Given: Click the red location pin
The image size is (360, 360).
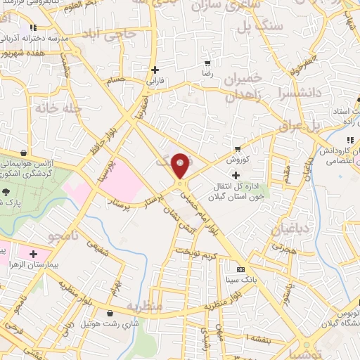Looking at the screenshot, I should (181, 166).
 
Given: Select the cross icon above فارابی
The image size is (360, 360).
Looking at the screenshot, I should (155, 70).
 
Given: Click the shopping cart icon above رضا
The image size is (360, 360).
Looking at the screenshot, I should (207, 61).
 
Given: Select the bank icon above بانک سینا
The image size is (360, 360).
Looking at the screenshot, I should (240, 269).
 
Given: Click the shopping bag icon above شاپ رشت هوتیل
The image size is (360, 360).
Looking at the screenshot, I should (109, 314).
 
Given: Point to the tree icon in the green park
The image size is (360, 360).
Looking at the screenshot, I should (6, 192).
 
